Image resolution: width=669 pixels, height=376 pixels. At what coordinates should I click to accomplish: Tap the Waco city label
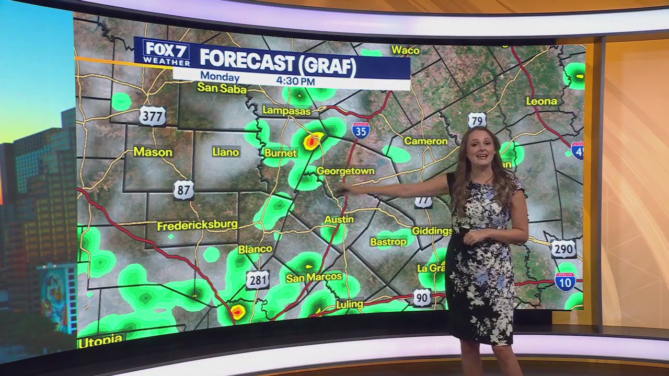click(x=406, y=50)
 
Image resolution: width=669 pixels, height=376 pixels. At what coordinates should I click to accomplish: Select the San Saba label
click(x=222, y=89)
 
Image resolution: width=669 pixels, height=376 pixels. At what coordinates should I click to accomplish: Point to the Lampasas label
click(x=286, y=111)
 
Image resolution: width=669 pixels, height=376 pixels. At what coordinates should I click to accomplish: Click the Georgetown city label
click(x=345, y=171)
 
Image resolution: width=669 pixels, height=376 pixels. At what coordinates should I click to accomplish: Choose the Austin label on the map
click(x=339, y=219)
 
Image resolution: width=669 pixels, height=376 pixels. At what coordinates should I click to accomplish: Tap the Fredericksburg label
click(x=197, y=226)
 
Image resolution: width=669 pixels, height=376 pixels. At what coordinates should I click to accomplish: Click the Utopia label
click(x=100, y=340)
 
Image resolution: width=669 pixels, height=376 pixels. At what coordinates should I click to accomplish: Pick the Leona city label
click(x=541, y=101)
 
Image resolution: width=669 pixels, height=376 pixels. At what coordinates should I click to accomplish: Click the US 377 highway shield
click(x=152, y=116)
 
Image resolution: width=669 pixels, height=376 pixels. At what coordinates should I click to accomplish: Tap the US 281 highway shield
click(x=257, y=279)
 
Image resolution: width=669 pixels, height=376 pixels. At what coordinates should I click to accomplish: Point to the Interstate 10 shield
click(x=565, y=281)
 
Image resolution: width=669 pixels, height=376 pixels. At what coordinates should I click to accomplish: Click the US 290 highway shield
click(x=563, y=249)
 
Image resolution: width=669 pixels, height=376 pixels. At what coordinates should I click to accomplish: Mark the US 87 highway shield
click(x=183, y=190)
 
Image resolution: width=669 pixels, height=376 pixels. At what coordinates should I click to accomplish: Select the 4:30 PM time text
click(x=295, y=81)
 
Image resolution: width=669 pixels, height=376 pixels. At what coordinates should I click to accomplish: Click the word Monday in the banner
click(x=220, y=76)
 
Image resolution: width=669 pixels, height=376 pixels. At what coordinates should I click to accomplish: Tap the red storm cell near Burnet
click(x=313, y=140)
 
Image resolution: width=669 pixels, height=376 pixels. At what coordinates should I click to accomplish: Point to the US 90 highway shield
click(x=422, y=298)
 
